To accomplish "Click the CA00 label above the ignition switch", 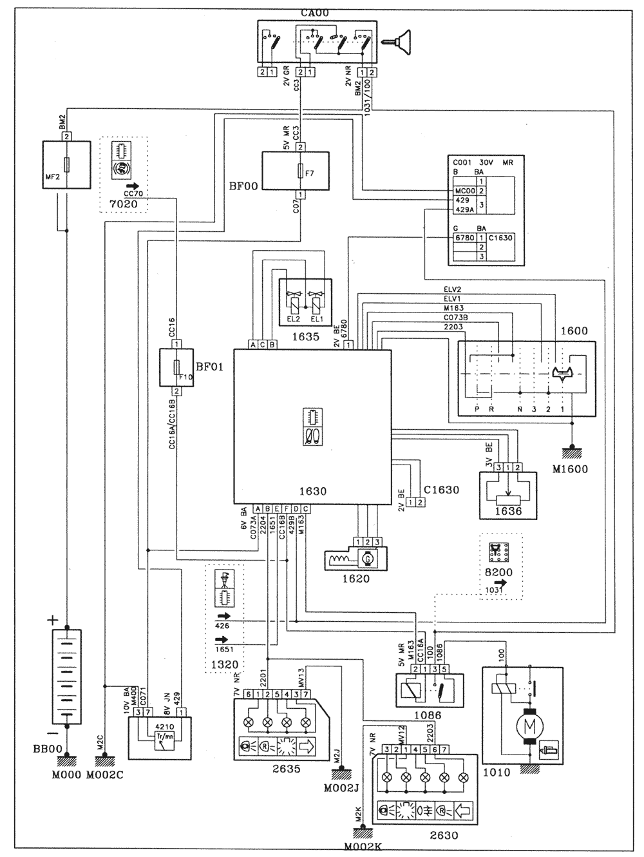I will (312, 12).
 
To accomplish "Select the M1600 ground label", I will (570, 469).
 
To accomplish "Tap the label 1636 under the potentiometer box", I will (509, 512).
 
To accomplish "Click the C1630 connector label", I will (441, 490).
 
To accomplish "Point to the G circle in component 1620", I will (368, 558).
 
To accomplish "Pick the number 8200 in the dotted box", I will (499, 572).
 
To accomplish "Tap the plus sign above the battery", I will (52, 620).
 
